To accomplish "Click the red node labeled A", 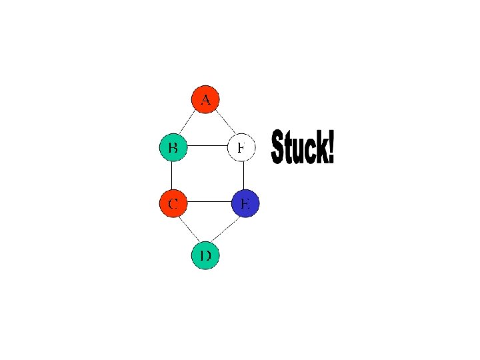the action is click(x=205, y=99).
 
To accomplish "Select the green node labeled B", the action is click(x=173, y=147).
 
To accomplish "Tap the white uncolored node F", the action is click(x=242, y=147).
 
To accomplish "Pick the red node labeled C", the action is click(x=173, y=203).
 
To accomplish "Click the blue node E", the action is click(x=245, y=203).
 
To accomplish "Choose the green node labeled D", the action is click(x=205, y=255).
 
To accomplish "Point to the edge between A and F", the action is click(x=224, y=123).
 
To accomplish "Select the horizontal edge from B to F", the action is click(x=207, y=147).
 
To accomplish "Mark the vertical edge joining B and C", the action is click(x=172, y=175).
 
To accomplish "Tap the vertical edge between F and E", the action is click(x=243, y=175).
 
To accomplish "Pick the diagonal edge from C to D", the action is click(x=188, y=229).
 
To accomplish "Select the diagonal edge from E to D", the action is click(x=226, y=229).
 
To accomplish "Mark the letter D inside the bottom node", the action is click(x=205, y=256).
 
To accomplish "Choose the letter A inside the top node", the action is click(x=205, y=100).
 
